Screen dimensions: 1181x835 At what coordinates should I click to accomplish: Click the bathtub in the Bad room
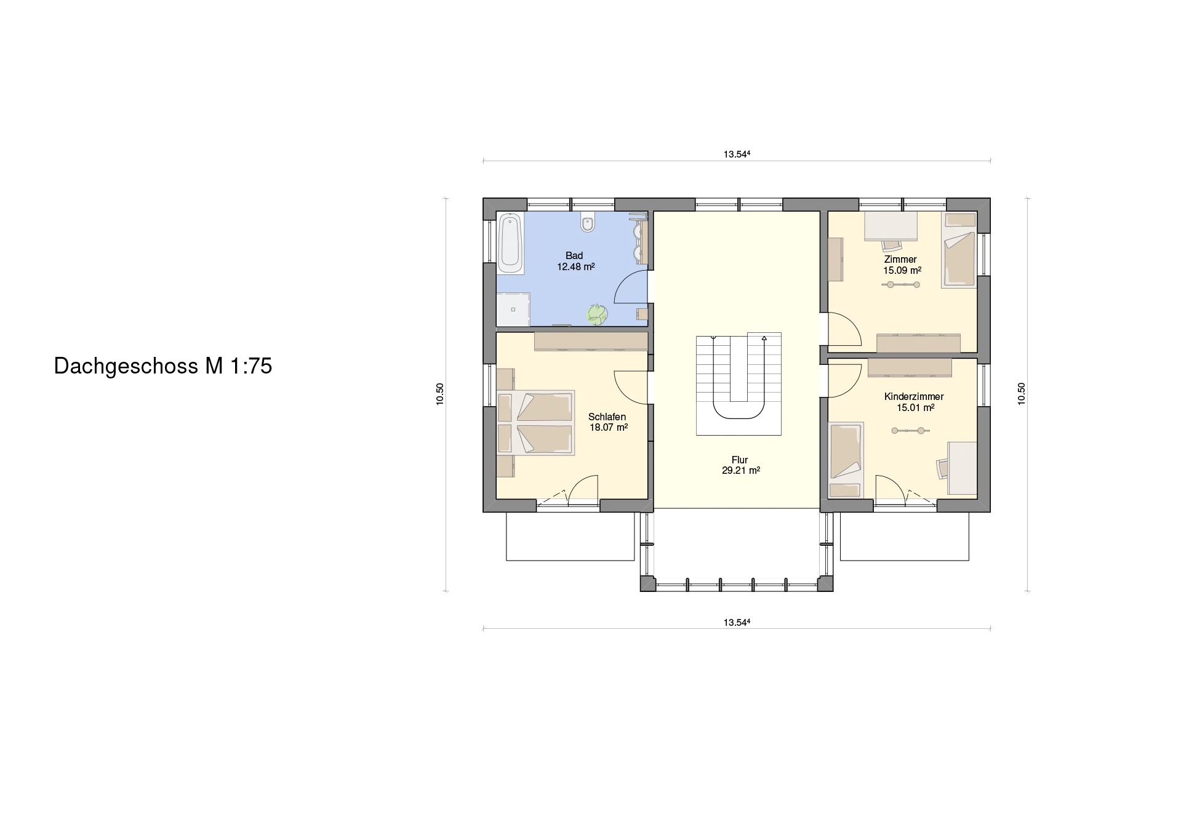click(510, 243)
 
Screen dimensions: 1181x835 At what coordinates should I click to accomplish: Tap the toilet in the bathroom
click(588, 223)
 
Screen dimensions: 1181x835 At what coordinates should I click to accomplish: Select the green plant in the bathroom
click(596, 314)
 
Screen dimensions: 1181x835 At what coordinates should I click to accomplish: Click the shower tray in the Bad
click(513, 309)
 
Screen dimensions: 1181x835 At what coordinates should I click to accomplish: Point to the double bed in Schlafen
click(535, 423)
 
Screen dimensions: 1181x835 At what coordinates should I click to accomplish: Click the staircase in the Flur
click(739, 384)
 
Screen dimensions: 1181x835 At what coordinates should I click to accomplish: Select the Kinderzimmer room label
click(914, 397)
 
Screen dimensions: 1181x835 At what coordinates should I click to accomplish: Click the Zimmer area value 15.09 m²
click(902, 270)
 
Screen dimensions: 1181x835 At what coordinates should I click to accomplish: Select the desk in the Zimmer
click(891, 226)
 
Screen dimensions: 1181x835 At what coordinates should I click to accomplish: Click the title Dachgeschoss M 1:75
click(163, 366)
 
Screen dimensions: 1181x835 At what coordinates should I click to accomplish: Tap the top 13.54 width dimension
click(737, 154)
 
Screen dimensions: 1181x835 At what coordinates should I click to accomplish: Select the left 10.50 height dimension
click(439, 394)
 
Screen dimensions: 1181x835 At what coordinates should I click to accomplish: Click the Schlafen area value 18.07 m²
click(609, 427)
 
